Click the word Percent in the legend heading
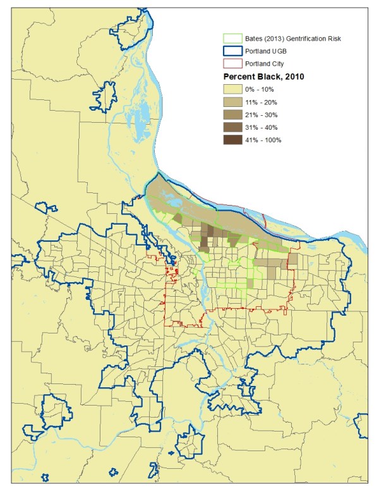pos(241,77)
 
